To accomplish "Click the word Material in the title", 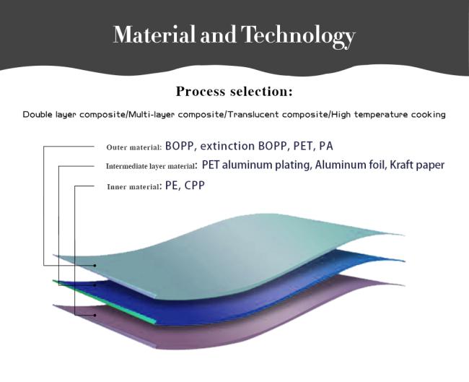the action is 154,35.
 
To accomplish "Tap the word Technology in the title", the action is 298,37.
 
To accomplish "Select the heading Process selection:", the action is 234,91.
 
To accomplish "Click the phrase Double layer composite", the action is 74,115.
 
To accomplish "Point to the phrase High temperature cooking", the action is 388,115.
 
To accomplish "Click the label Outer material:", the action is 134,147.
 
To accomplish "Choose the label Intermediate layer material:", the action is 152,166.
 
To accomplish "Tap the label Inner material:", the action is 134,187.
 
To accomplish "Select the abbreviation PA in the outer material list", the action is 326,146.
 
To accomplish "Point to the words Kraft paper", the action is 417,165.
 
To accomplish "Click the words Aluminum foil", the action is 350,165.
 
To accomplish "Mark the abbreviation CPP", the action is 194,186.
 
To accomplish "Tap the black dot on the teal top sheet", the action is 95,265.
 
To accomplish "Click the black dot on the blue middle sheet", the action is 95,285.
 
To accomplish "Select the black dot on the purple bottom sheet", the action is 95,315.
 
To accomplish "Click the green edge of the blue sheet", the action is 105,302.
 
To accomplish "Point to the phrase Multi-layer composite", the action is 177,115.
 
